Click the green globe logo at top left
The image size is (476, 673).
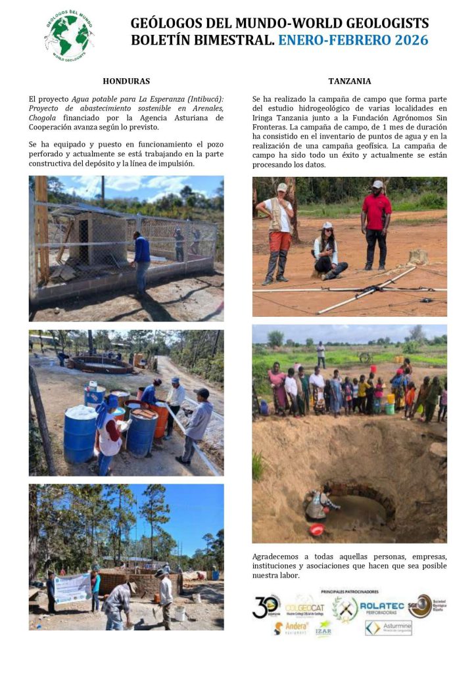tap(68, 35)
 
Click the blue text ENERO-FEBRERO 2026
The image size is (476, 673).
tap(353, 40)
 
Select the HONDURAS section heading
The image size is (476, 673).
tap(126, 81)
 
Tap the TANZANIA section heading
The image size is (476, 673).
tap(349, 81)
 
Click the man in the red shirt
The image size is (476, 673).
tap(376, 223)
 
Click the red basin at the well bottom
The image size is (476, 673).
tap(316, 529)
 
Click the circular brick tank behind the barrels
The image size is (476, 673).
tap(100, 361)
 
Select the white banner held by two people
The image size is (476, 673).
tap(72, 588)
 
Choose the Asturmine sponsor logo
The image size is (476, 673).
tap(389, 628)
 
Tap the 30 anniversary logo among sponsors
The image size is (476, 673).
tap(266, 606)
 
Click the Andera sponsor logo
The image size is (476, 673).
tap(290, 628)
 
